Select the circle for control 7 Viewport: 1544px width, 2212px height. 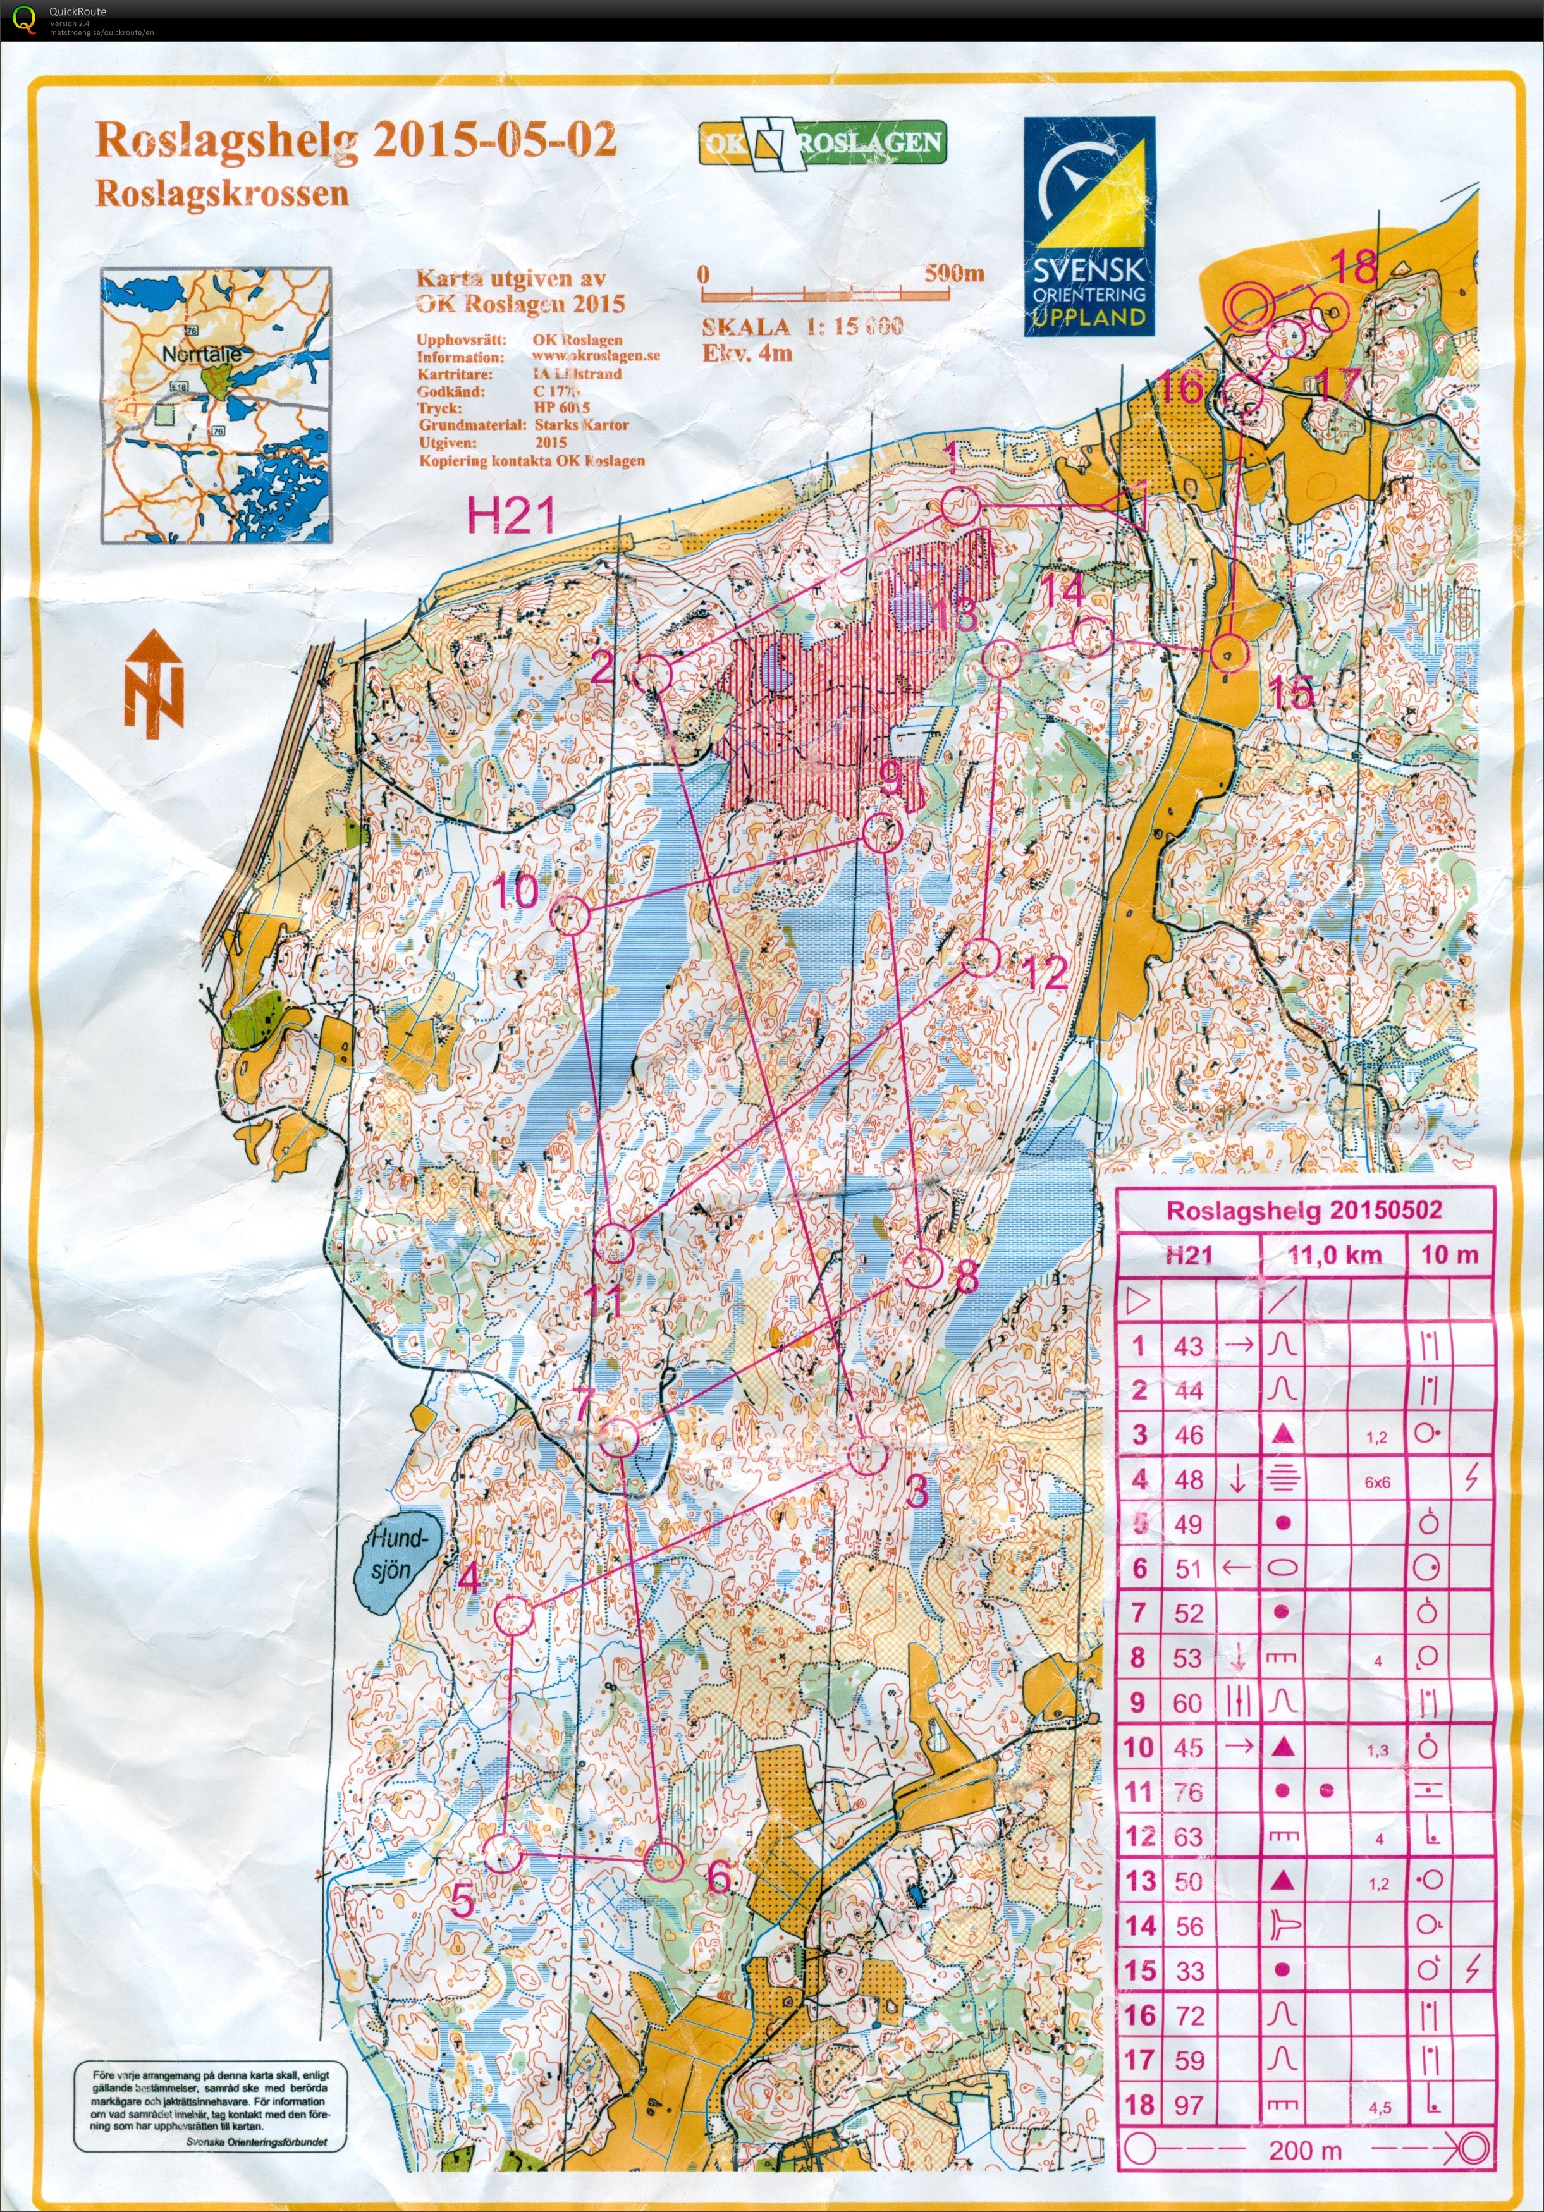(619, 1438)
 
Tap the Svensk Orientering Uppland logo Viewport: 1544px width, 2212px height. (1089, 226)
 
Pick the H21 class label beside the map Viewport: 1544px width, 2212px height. (511, 516)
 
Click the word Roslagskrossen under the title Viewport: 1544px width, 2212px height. (222, 193)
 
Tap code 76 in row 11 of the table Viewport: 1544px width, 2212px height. (1189, 1792)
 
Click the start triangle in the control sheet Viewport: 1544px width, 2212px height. (1138, 1302)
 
